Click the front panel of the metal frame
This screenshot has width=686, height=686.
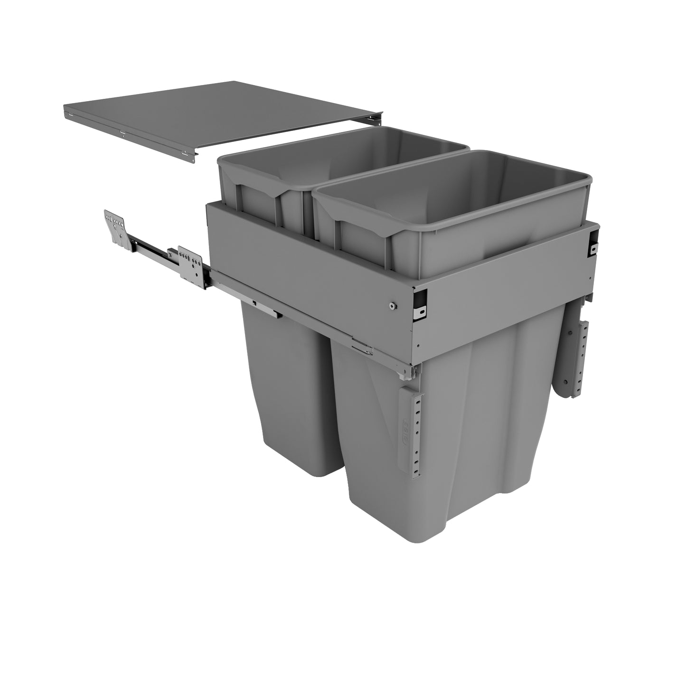[x=503, y=304]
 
